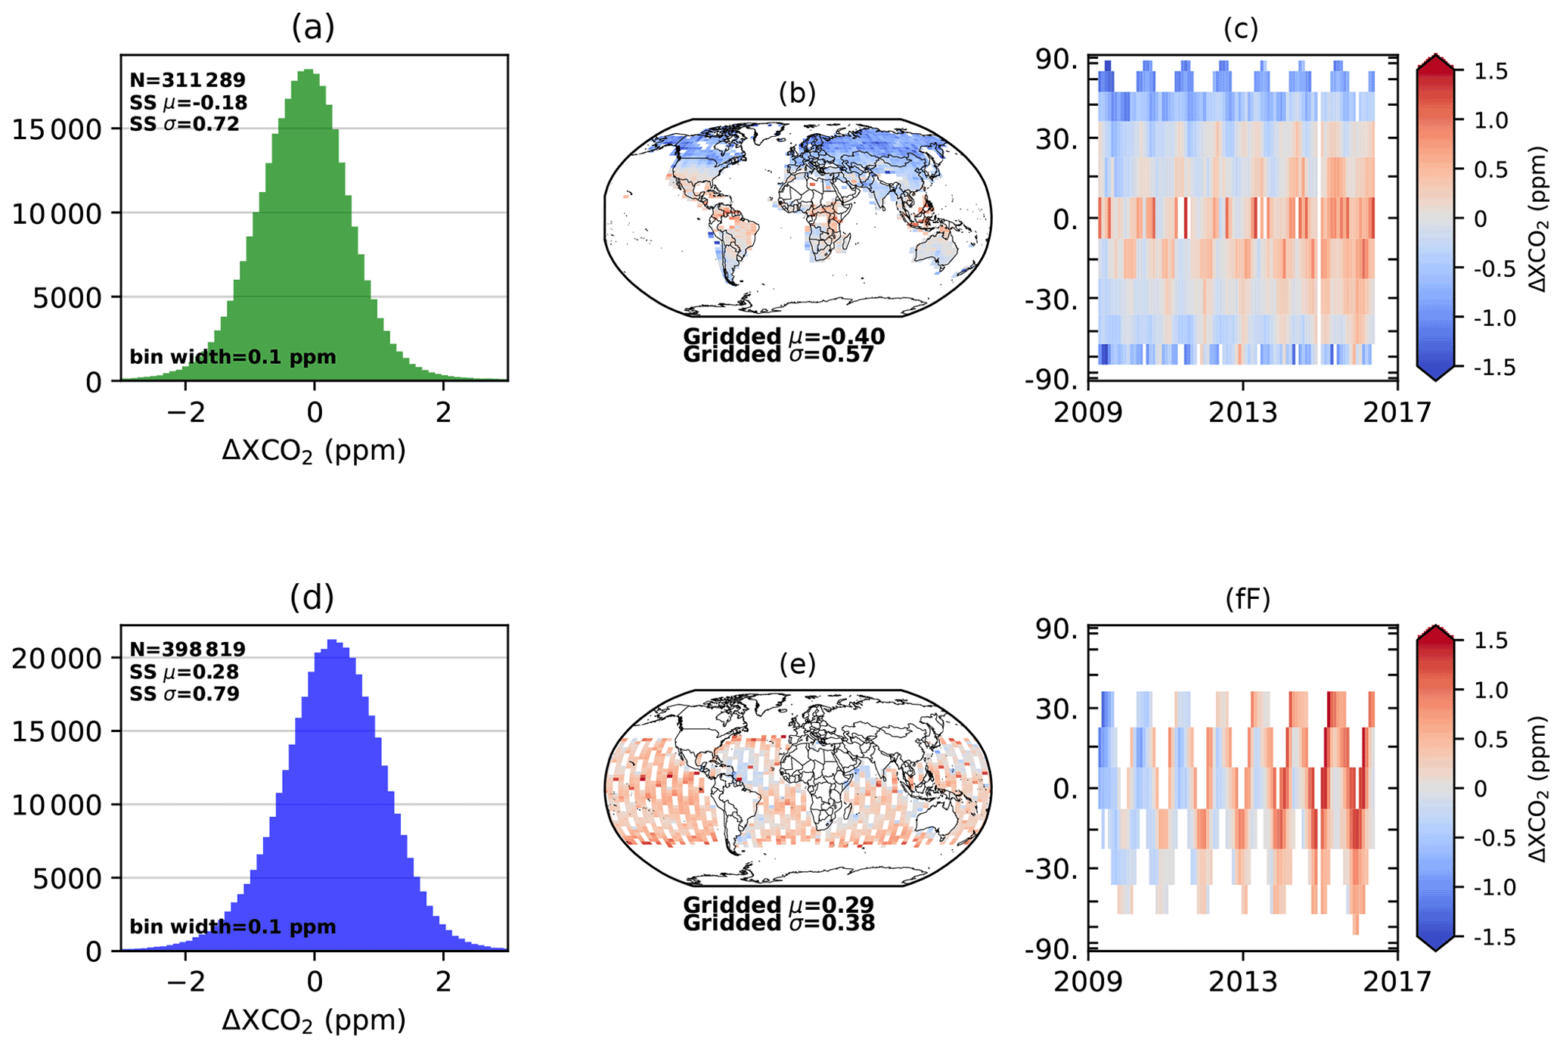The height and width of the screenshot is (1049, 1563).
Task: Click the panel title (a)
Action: coord(312,28)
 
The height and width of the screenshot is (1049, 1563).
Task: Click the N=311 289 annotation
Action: coord(188,80)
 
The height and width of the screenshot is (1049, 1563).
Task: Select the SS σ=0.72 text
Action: coord(185,124)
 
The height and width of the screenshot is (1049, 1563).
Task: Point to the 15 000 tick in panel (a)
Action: coord(57,130)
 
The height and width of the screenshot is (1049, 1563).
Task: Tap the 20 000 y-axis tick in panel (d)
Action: coord(57,659)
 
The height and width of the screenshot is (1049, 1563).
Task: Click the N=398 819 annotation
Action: coord(188,650)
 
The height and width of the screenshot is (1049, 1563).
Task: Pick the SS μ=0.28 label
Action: coord(185,672)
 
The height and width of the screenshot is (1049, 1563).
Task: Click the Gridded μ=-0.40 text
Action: coord(783,337)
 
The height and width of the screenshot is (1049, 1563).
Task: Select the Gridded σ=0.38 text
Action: coord(779,923)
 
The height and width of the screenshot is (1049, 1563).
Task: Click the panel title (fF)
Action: coord(1248,599)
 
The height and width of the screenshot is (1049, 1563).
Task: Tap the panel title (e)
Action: coord(798,664)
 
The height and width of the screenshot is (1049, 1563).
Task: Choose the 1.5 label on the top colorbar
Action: coord(1491,72)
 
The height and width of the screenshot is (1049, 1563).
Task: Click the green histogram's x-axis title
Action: coord(314,452)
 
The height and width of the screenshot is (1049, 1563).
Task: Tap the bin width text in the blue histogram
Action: coord(233,927)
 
